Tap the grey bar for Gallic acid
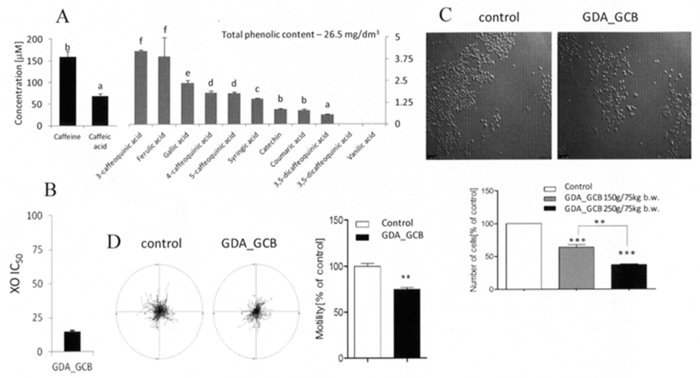click(188, 104)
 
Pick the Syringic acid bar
click(257, 112)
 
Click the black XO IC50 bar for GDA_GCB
click(72, 341)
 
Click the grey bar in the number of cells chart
click(576, 268)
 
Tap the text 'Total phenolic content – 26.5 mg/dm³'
click(300, 35)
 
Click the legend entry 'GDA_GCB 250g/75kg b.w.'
click(612, 209)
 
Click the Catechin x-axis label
click(270, 144)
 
